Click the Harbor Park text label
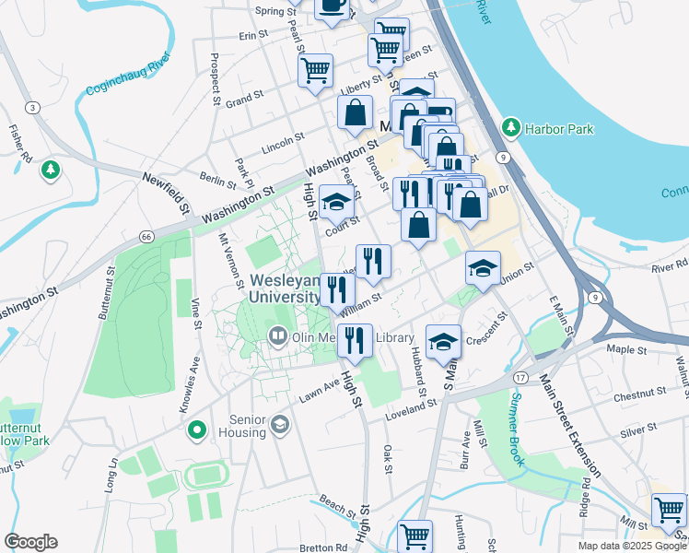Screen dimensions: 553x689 (x=559, y=129)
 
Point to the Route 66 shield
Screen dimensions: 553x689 (x=146, y=236)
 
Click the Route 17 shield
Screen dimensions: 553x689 (x=520, y=379)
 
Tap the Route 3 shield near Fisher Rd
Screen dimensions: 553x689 (x=34, y=108)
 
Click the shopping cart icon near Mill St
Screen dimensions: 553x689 (x=669, y=510)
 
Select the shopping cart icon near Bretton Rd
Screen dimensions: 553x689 (x=415, y=535)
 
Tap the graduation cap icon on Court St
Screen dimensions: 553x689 (x=337, y=202)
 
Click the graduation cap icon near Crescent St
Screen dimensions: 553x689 (x=443, y=340)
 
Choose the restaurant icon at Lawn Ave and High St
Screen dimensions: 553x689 (x=355, y=339)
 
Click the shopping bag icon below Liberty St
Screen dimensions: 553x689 (x=356, y=113)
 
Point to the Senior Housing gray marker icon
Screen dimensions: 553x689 (x=279, y=425)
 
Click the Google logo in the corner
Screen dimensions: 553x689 (x=30, y=542)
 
